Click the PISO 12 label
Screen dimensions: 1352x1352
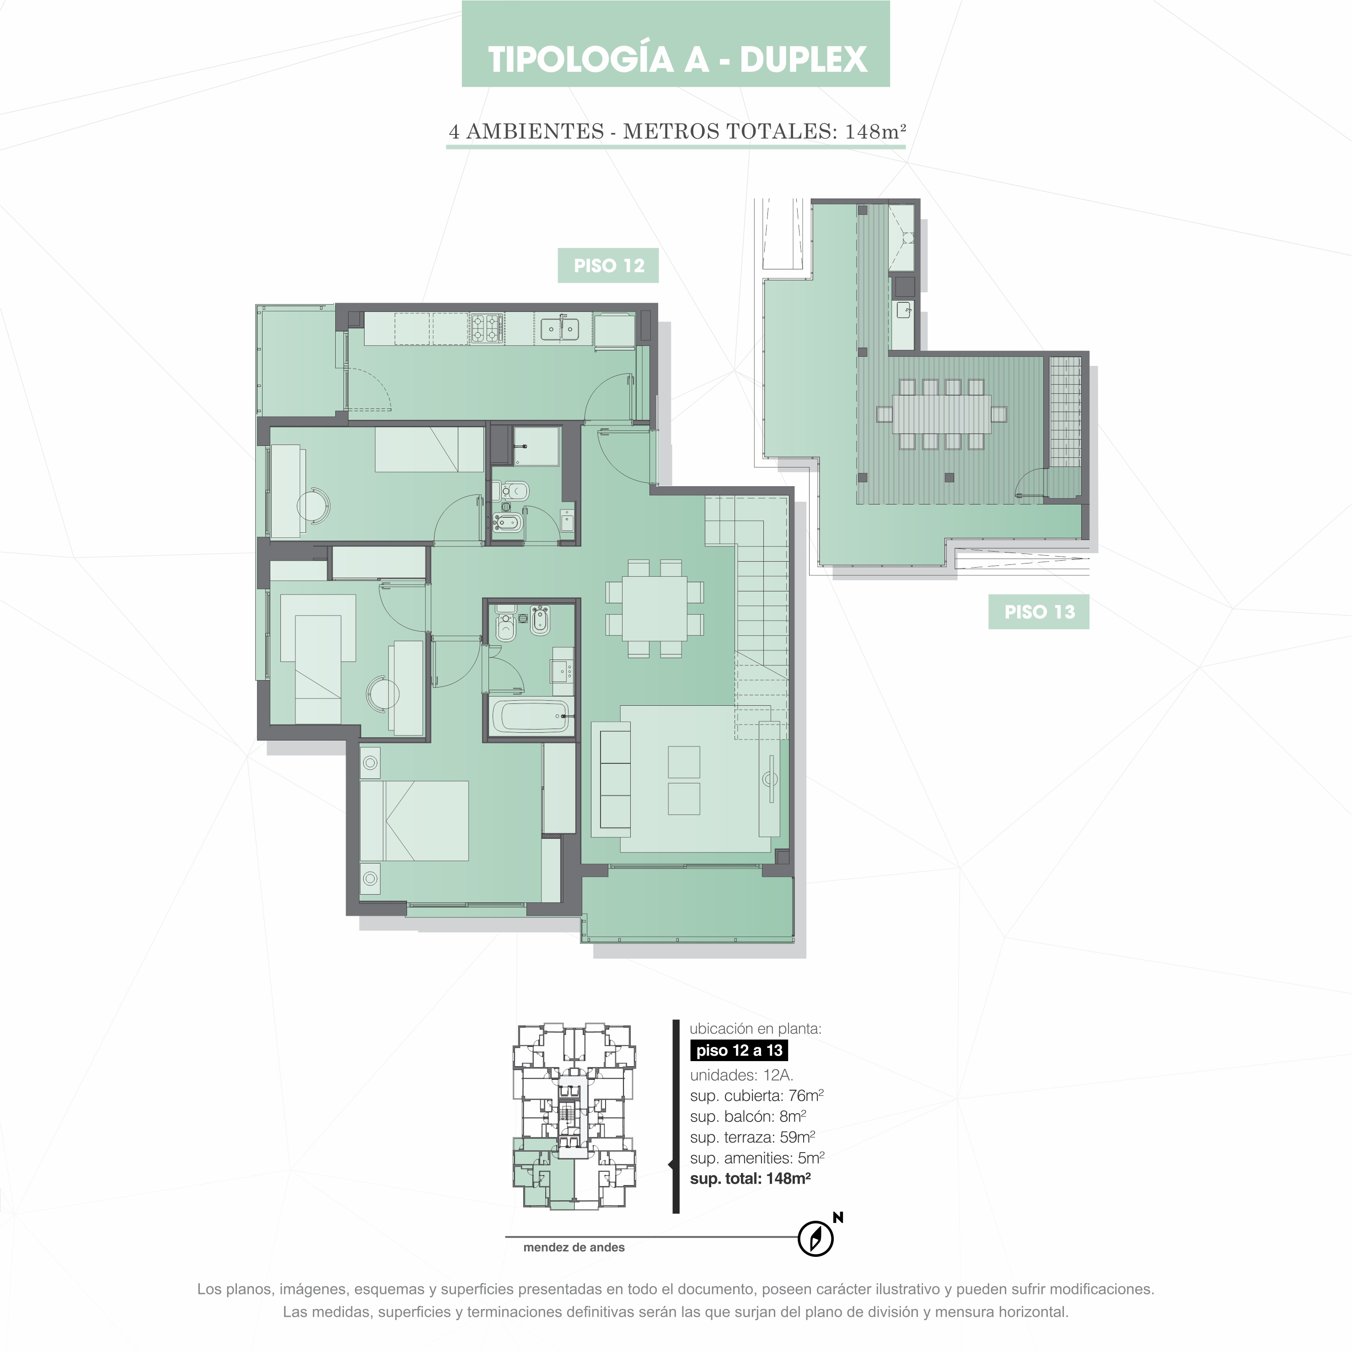click(x=608, y=266)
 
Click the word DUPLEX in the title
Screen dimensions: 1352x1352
click(x=803, y=59)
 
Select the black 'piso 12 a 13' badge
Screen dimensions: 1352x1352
click(x=739, y=1051)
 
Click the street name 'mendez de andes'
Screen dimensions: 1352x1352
click(x=574, y=1247)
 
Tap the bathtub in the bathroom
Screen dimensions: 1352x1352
click(x=531, y=716)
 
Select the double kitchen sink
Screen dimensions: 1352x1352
click(x=559, y=328)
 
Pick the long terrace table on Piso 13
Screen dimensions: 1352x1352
click(x=941, y=413)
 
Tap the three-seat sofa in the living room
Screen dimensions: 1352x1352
click(x=611, y=779)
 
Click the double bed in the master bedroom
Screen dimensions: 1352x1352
click(x=414, y=820)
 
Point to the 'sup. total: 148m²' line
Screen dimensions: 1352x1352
click(x=750, y=1179)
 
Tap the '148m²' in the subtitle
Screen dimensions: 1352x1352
click(x=875, y=132)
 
